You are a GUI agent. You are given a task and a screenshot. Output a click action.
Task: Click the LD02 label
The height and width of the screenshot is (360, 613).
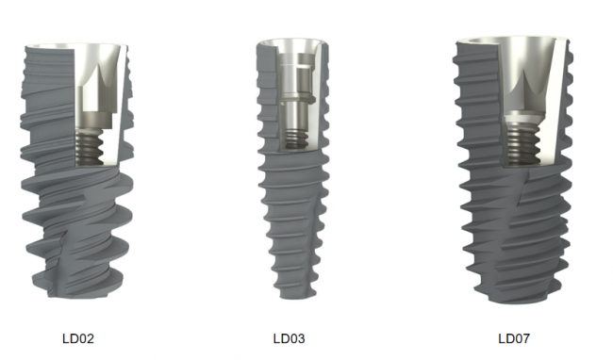coord(78,338)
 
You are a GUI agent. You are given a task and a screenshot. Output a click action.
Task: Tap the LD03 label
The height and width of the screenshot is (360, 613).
coord(289,338)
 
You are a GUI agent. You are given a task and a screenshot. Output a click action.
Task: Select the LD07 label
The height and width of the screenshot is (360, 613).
coord(514,338)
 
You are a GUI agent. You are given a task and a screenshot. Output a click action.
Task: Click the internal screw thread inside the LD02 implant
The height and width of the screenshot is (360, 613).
coord(89,146)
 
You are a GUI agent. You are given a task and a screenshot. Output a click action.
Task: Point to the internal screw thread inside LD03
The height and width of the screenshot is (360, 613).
coord(296,139)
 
